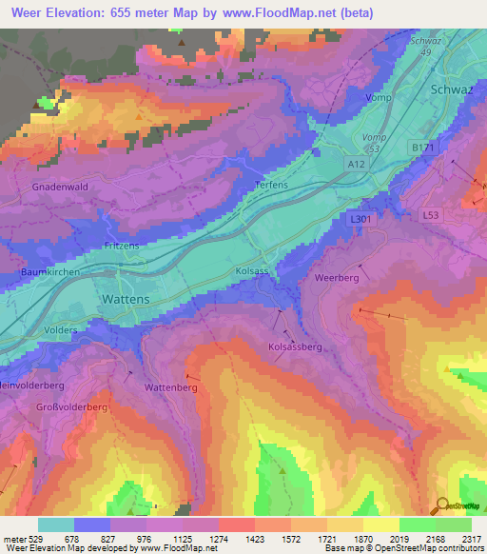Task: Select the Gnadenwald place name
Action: (61, 187)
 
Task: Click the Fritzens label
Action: (122, 246)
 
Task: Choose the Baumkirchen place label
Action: (49, 271)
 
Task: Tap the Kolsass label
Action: (253, 271)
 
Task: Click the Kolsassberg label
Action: (295, 347)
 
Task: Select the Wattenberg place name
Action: (170, 388)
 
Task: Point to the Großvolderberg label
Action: (72, 406)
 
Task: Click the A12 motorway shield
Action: (356, 165)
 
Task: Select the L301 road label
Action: (360, 219)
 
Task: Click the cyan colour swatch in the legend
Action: (56, 524)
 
